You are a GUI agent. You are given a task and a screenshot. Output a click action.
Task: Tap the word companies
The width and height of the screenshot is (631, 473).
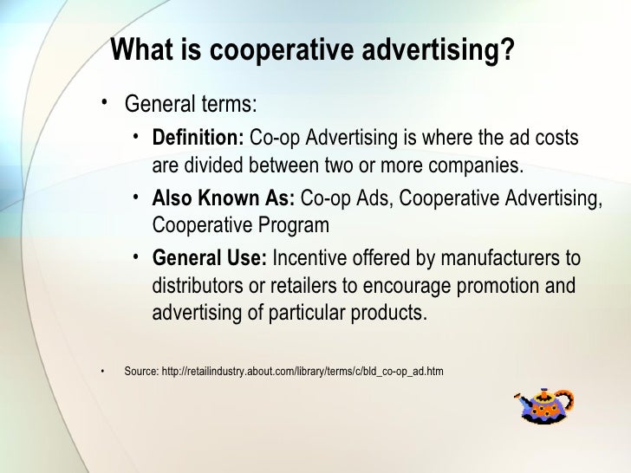coord(478,165)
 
